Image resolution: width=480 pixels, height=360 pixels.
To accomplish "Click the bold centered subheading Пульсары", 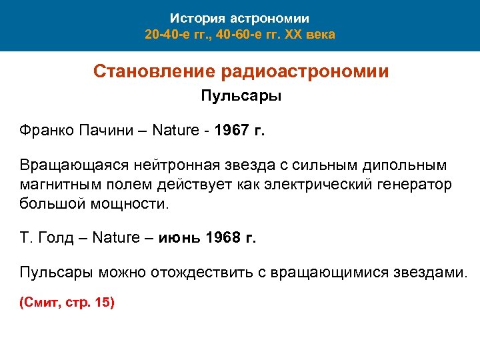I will (x=241, y=97).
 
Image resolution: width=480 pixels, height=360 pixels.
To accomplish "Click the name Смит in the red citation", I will (x=39, y=302).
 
